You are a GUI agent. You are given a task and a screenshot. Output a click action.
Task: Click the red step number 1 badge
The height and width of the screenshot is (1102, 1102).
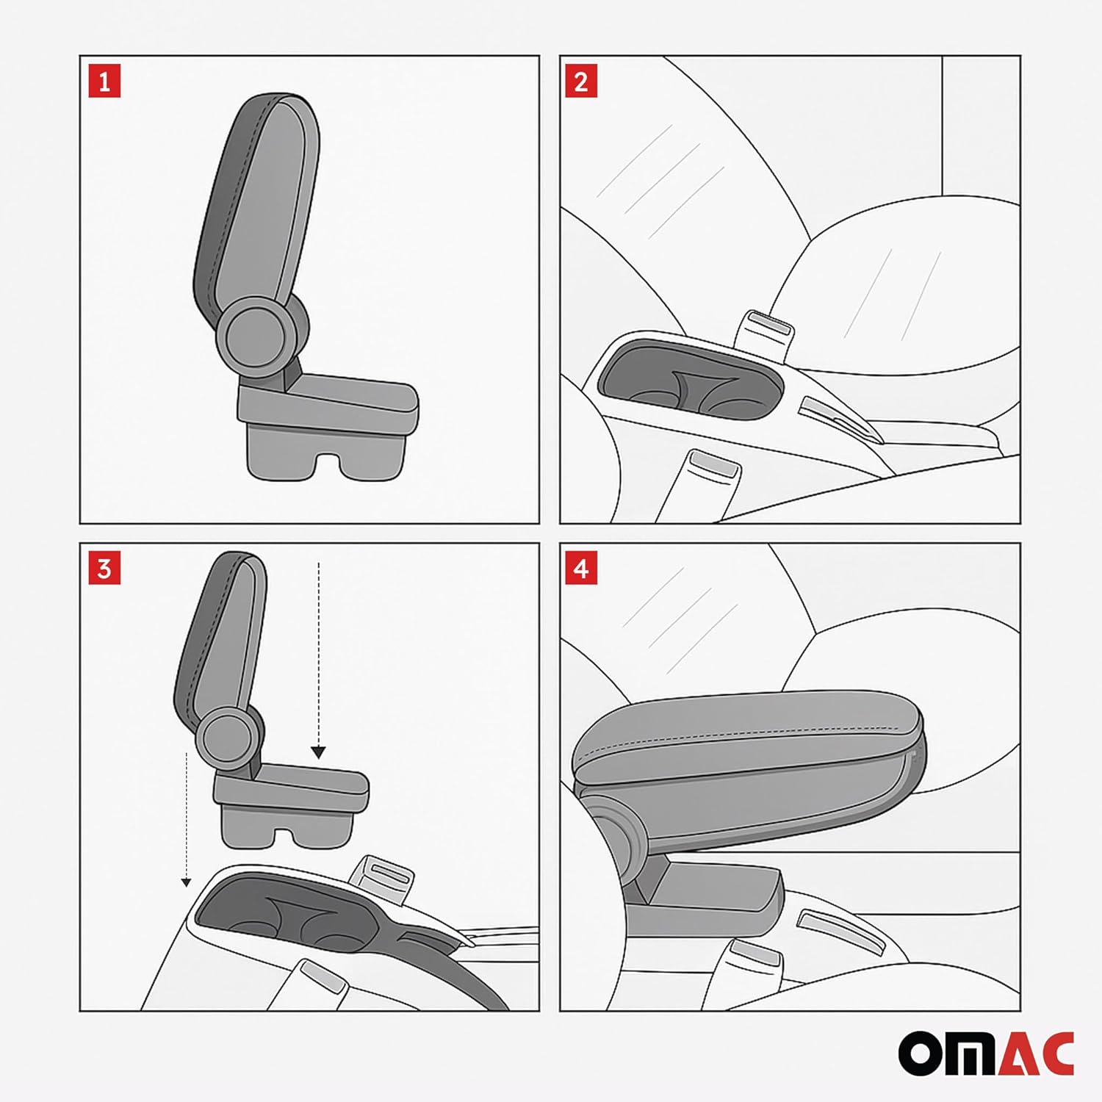(104, 82)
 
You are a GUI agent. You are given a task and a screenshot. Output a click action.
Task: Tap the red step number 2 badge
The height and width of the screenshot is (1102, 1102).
(581, 82)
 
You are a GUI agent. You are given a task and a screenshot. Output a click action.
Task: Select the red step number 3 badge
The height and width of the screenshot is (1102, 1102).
(104, 569)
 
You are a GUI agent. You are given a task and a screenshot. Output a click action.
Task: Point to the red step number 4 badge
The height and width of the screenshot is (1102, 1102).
(581, 569)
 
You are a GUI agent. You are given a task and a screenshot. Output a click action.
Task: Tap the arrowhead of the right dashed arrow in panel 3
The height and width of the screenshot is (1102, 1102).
(318, 752)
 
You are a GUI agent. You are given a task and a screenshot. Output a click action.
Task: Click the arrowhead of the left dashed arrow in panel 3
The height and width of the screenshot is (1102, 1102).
(187, 882)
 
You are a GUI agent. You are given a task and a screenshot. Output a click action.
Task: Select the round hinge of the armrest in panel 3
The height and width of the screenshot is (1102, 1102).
(229, 737)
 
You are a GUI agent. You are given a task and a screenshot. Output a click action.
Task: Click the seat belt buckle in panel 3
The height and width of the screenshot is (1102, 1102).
(383, 878)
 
